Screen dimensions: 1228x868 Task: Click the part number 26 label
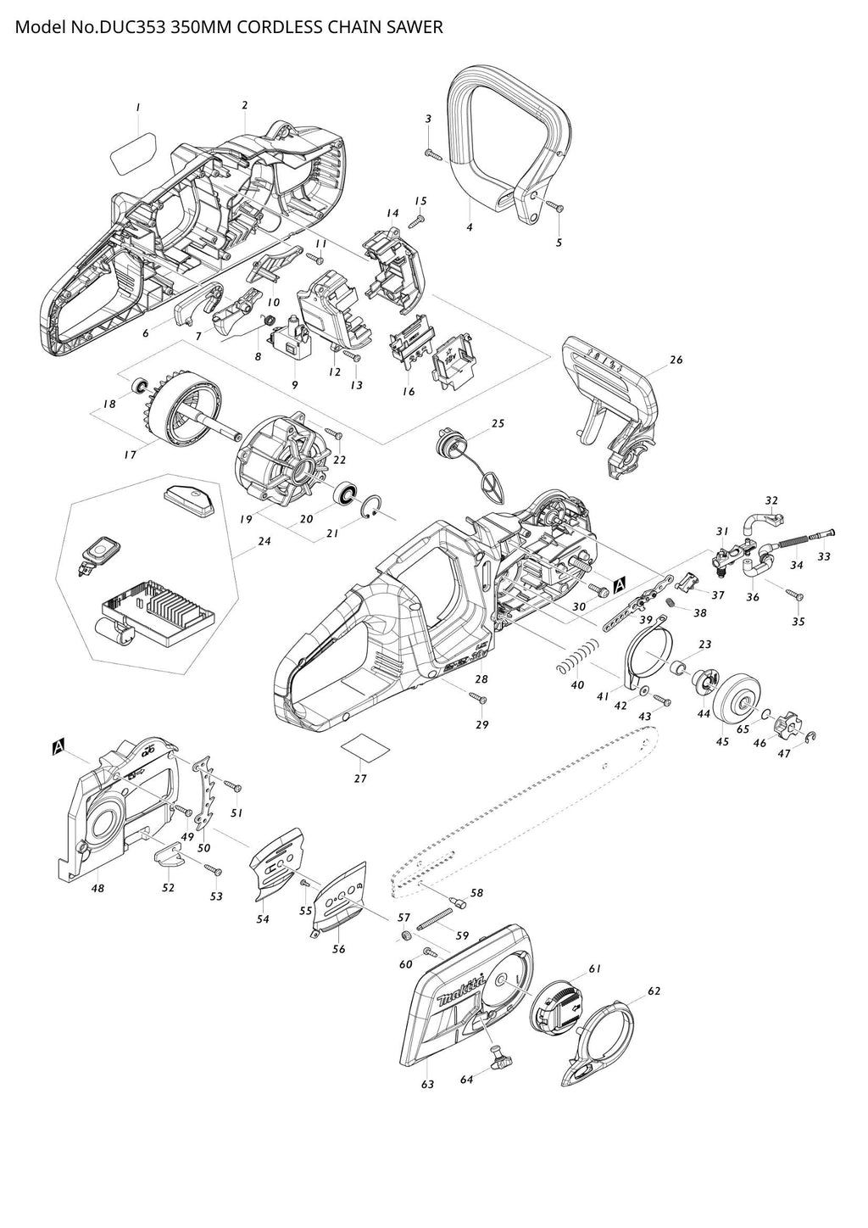(676, 360)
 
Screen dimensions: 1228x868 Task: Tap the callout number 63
(427, 1085)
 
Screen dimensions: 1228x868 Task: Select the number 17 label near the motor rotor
(130, 455)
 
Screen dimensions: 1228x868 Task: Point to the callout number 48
(98, 888)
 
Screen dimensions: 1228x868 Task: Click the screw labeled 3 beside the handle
(433, 154)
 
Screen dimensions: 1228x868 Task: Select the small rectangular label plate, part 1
(133, 153)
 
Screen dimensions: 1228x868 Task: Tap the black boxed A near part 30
(619, 584)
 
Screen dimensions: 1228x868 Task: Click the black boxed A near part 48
(58, 746)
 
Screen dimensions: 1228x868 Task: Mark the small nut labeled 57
(406, 935)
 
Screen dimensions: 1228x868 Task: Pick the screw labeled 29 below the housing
(478, 698)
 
